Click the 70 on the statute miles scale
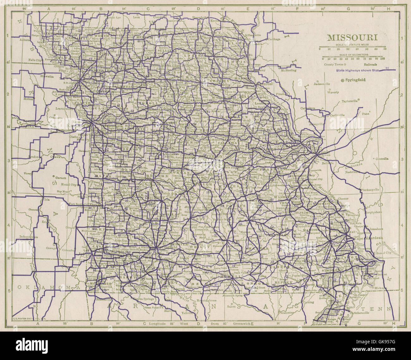pos(385,49)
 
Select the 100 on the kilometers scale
pos(383,59)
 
